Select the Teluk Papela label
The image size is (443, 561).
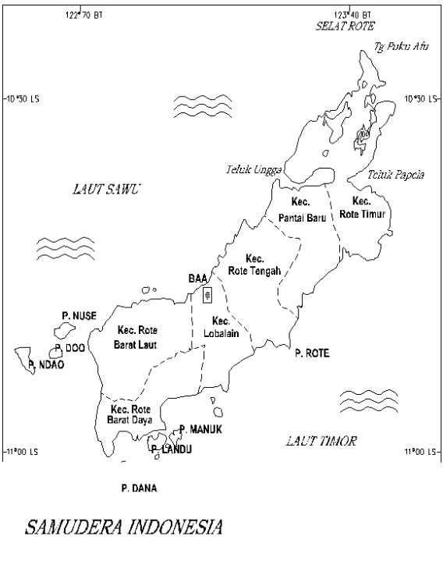tap(395, 175)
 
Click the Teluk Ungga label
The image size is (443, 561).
tap(253, 169)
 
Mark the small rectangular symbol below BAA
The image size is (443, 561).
tap(207, 295)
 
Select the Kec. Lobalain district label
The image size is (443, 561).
tap(221, 327)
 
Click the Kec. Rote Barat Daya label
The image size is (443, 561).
tap(130, 414)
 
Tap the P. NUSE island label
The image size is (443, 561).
tap(79, 315)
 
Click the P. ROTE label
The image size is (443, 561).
tap(312, 353)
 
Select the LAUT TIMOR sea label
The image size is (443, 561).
tap(321, 442)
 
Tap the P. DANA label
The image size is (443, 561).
tap(139, 488)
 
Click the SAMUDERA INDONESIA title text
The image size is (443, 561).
tap(125, 528)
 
